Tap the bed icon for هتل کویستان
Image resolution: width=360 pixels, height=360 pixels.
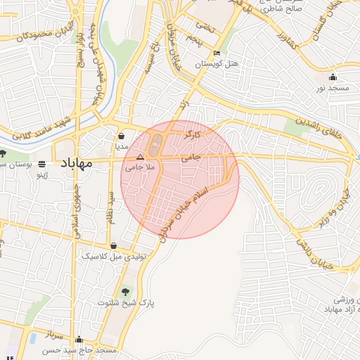[217, 53]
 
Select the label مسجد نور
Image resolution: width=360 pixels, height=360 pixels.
[333, 88]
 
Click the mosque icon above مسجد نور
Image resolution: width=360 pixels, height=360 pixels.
[333, 77]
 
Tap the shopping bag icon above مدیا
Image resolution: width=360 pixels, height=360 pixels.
[122, 136]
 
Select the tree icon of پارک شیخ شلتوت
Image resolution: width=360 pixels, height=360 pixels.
[125, 291]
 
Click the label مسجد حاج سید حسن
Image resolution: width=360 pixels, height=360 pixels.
[82, 349]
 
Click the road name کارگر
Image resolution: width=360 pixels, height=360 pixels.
[193, 133]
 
